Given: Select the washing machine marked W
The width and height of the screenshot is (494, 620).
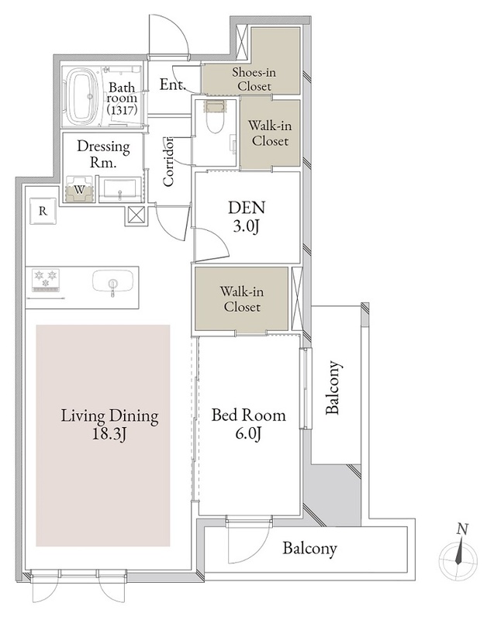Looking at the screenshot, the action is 80,190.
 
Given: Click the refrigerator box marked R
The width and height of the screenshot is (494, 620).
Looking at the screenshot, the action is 43,211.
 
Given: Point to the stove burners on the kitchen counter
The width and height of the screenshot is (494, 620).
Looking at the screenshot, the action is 46,278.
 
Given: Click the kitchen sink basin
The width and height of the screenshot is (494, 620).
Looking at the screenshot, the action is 112,282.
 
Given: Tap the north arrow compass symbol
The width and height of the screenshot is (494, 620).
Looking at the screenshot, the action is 459,556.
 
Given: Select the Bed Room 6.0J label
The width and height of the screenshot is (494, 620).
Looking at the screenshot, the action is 248,424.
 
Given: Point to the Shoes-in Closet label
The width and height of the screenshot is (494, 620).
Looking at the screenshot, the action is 254,79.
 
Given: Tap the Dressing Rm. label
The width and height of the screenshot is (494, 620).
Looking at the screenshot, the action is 103,153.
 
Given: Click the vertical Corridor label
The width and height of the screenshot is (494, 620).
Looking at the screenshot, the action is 168,161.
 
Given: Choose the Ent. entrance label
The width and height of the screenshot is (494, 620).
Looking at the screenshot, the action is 173,84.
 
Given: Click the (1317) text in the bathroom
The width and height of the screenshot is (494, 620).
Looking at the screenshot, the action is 122,110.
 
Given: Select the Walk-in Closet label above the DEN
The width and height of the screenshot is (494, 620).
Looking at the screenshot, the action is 270,133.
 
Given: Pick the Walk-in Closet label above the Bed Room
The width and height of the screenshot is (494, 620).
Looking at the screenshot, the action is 242,299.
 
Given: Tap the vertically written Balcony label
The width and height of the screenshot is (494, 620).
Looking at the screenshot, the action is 333,387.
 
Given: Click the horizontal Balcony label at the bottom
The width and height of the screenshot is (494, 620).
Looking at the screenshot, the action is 309,549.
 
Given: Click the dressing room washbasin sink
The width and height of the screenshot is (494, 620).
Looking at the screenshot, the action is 119,190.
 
